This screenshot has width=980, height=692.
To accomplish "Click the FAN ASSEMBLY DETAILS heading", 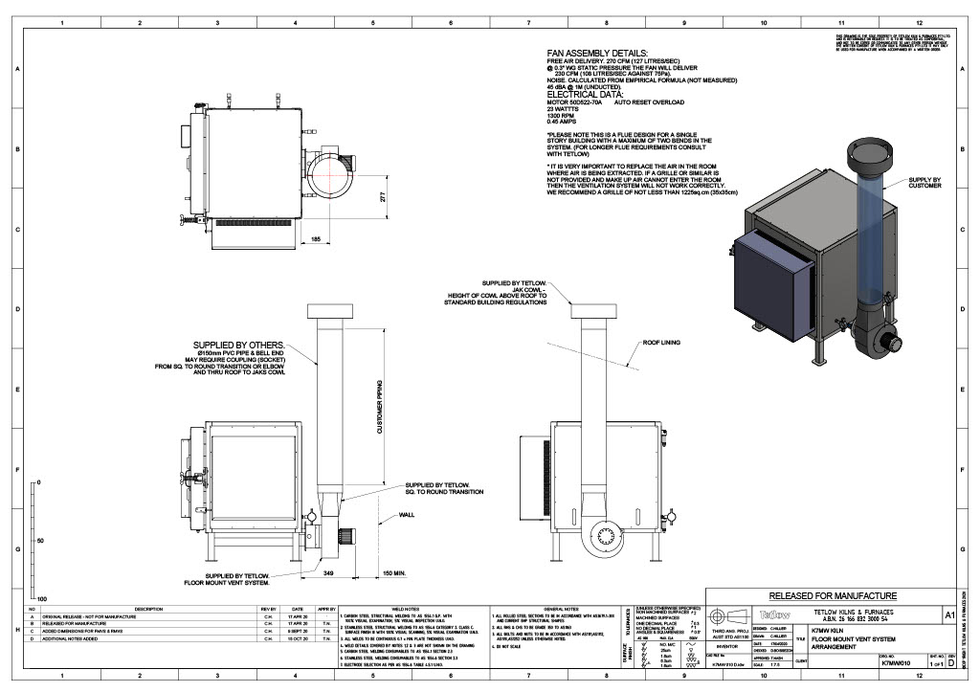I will click(x=597, y=54).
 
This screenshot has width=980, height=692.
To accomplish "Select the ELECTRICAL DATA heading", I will click(x=585, y=96).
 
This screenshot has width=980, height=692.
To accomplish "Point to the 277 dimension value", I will click(x=382, y=197).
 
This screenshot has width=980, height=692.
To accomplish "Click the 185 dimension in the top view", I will click(x=317, y=237).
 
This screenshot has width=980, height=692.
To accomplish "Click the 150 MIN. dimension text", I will click(x=394, y=572).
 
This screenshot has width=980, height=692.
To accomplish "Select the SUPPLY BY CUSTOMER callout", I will click(x=924, y=183).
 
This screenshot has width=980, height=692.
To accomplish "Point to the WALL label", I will click(x=406, y=515).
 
